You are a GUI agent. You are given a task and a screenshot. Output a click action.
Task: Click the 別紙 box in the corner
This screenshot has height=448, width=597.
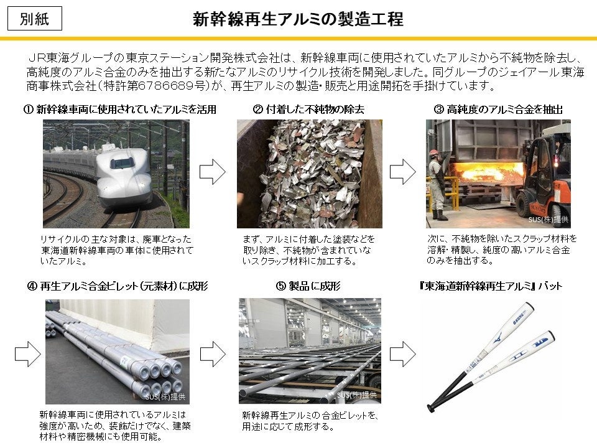pos(35,19)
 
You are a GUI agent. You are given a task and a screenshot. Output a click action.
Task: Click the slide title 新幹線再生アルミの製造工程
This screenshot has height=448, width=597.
pos(298,19)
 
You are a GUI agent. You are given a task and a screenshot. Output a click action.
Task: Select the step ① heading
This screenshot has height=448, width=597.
pos(119,110)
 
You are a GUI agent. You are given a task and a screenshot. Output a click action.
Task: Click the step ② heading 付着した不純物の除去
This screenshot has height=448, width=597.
pos(308,110)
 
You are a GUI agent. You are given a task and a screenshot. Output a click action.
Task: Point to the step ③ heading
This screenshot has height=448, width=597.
pos(498,110)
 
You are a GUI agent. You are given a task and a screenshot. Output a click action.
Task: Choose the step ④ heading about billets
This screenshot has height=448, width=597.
pos(118,286)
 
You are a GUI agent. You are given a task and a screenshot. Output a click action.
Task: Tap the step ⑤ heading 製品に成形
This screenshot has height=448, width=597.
pos(308,286)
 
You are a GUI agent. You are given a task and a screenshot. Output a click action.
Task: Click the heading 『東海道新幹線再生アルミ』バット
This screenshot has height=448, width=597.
pos(491,286)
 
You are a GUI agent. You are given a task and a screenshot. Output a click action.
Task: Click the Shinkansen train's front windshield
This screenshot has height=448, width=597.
pos(123,162)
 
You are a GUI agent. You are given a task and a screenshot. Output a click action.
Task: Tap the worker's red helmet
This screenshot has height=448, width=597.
pos(433,152)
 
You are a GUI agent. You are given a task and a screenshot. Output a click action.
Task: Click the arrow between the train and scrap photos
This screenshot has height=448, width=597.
pos(213,172)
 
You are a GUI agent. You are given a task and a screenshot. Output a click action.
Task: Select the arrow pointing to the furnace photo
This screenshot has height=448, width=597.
pos(403,172)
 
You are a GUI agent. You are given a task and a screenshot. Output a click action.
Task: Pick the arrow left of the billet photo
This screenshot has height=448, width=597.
pos(28,354)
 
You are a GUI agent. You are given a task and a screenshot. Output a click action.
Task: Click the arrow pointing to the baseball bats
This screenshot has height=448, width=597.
pos(403,354)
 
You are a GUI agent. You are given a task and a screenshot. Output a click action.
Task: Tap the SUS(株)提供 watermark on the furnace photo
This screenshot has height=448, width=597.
pos(548,220)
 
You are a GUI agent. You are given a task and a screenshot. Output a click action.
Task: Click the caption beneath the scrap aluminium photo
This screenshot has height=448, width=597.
pos(308,250)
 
